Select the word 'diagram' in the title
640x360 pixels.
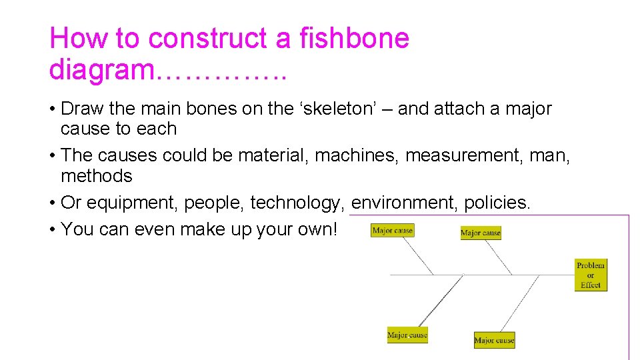pyautogui.click(x=101, y=69)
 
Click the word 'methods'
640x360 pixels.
pyautogui.click(x=97, y=176)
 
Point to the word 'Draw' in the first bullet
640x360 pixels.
pyautogui.click(x=81, y=109)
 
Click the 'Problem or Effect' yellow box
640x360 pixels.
pyautogui.click(x=591, y=275)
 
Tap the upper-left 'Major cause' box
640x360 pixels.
pyautogui.click(x=393, y=231)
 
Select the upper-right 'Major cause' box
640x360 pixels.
pyautogui.click(x=481, y=233)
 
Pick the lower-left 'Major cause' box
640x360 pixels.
pyautogui.click(x=407, y=335)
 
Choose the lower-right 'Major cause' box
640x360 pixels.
pyautogui.click(x=494, y=340)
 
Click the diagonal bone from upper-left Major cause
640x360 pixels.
pyautogui.click(x=420, y=257)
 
